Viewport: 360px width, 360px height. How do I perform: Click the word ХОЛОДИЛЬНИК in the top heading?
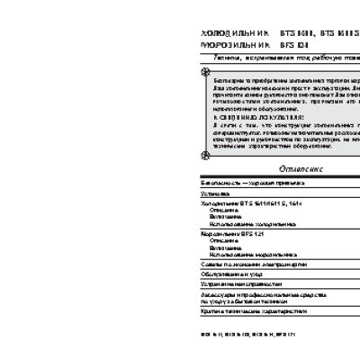(224, 32)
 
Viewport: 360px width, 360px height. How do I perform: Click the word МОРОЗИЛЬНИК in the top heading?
(225, 42)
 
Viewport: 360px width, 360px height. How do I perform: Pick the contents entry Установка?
(216, 193)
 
